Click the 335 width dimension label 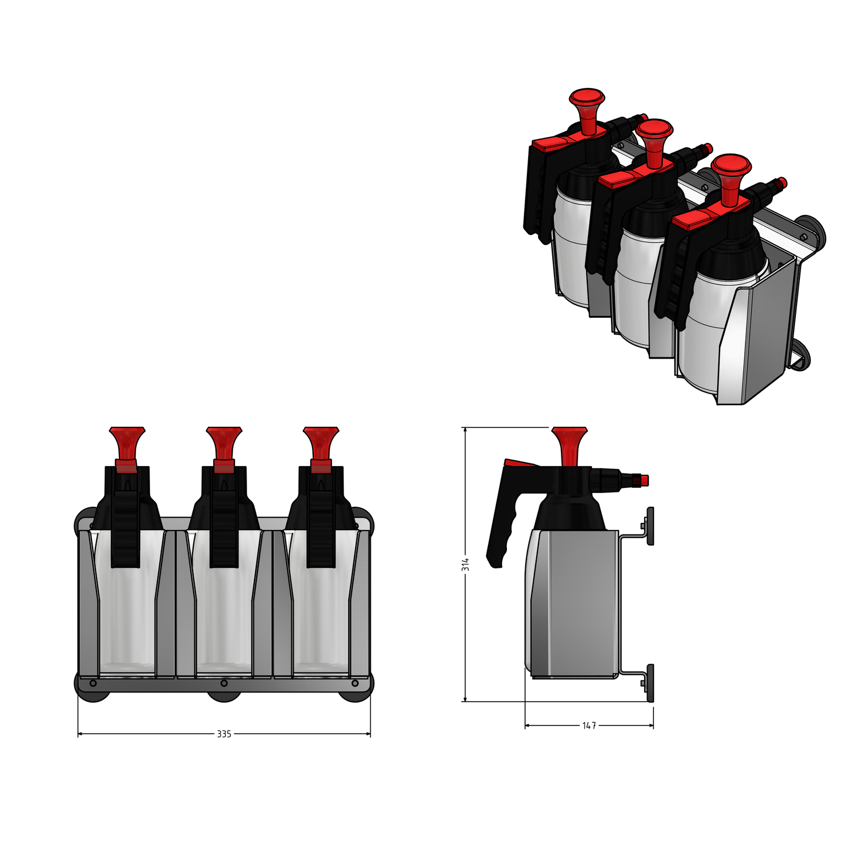click(224, 734)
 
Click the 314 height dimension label click(465, 564)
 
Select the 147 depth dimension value click(589, 726)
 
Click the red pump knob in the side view click(569, 446)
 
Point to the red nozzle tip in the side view click(644, 480)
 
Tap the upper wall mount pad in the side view click(651, 526)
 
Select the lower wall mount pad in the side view click(651, 683)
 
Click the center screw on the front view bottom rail click(224, 683)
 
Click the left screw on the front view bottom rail click(93, 683)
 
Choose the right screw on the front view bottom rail click(355, 683)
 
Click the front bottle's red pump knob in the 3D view click(731, 179)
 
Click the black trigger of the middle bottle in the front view click(224, 517)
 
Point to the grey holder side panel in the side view click(575, 603)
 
